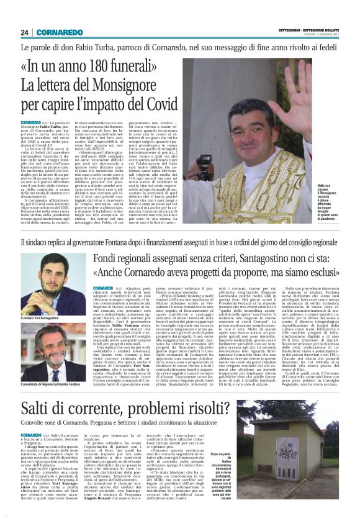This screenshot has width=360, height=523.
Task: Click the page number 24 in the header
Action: click(25, 32)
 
